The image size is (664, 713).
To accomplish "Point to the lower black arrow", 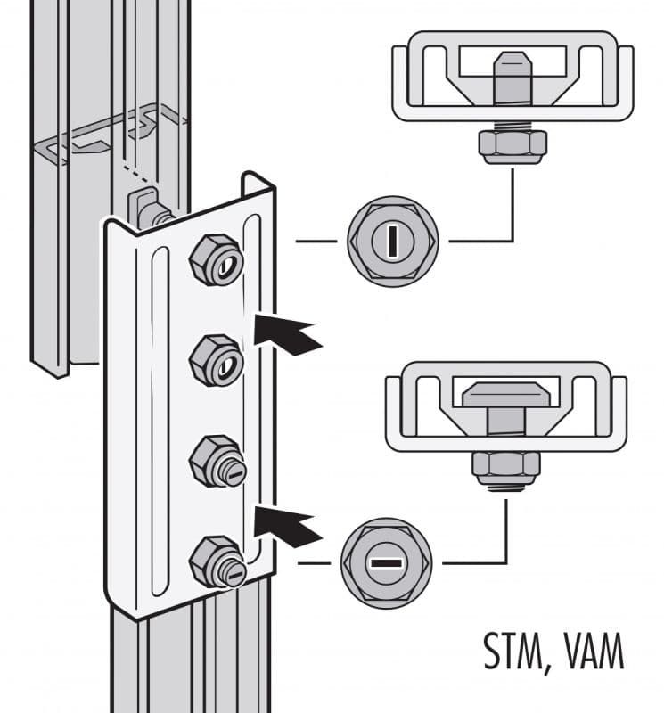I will (288, 526).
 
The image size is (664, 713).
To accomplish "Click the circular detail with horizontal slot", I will (386, 564).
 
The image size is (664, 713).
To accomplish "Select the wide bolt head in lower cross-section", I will (505, 399).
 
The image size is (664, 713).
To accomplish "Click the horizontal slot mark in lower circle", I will (386, 564).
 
